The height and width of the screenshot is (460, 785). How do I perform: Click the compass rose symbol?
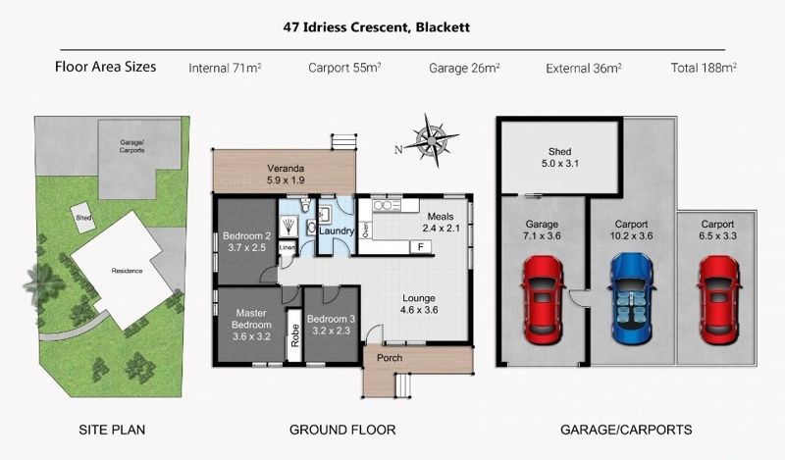pos(431,140)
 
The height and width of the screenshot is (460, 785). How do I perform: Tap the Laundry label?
pos(337,230)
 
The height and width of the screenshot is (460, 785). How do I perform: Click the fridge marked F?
pos(421,246)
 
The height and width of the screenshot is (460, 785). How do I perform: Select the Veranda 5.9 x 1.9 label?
pos(286,175)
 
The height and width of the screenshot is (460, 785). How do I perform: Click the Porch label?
pos(390,358)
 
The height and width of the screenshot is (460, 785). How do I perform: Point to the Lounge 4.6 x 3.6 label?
pos(419,304)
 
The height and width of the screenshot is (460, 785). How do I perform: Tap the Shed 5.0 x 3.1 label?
pos(559,157)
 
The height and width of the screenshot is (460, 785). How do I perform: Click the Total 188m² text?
pos(704,68)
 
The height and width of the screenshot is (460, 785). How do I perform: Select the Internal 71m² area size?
pos(225,68)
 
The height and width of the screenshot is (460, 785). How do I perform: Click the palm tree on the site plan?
pos(44,284)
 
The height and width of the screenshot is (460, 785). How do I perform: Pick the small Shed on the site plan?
pos(83,219)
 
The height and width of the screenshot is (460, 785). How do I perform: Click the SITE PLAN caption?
pos(112,430)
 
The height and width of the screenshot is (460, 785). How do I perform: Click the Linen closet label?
pos(287,247)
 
